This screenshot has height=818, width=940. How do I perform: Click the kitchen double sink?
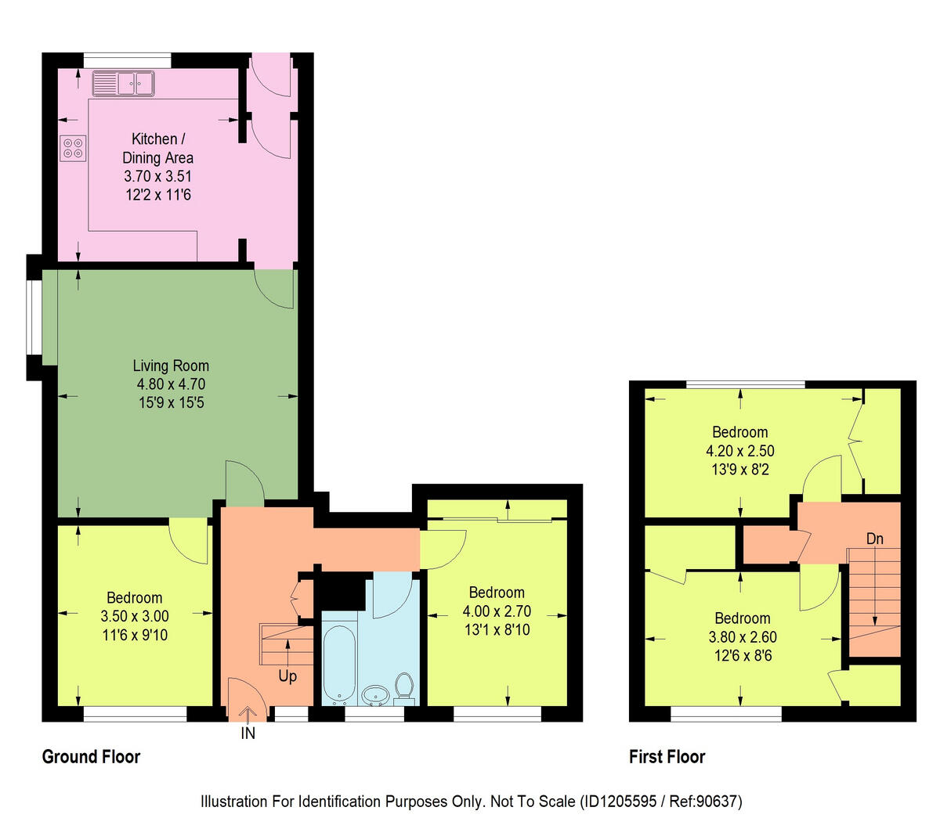pos(124,82)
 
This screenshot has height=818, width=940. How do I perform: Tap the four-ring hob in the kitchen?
pos(73,149)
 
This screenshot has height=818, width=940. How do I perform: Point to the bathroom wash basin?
pos(377,694)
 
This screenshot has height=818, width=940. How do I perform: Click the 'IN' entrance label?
pos(248,734)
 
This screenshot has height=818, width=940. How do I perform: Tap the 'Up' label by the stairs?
pos(287,676)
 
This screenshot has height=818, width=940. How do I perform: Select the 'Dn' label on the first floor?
pos(875,539)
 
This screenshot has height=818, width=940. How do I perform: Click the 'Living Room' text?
pos(171,366)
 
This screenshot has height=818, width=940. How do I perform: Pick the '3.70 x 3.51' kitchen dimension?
pos(157,176)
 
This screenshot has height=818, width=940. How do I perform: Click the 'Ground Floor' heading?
pos(91,757)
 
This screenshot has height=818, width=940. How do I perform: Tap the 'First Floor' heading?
pos(667,757)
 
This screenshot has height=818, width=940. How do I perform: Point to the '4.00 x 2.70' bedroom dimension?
pos(497,611)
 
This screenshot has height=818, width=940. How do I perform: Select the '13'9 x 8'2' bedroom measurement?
pos(739,470)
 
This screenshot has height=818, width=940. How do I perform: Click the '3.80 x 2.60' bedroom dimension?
pos(742,636)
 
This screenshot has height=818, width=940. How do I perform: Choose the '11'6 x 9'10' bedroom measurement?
pos(135,635)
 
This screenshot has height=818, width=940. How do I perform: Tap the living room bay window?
pos(33,316)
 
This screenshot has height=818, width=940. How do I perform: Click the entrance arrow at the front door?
pos(248,714)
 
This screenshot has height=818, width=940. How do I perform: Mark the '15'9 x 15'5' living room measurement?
pos(171,403)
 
